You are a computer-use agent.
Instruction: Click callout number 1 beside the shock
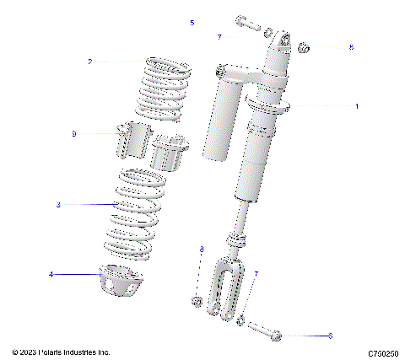point(356,107)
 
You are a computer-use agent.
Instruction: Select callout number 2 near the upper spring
point(89,62)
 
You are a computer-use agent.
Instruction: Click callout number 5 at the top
point(192,23)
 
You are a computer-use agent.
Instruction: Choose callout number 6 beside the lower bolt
point(330,336)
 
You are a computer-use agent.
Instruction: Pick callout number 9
point(74,134)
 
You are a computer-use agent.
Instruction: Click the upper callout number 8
point(352,47)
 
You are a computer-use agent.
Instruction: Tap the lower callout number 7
point(256,274)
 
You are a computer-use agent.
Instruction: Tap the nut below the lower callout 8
point(196,301)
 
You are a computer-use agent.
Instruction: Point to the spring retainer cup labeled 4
point(120,280)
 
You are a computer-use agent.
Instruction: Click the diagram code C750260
point(383,352)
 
